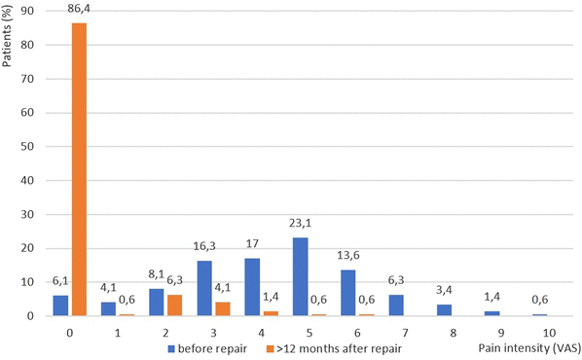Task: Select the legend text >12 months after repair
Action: click(x=343, y=347)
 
